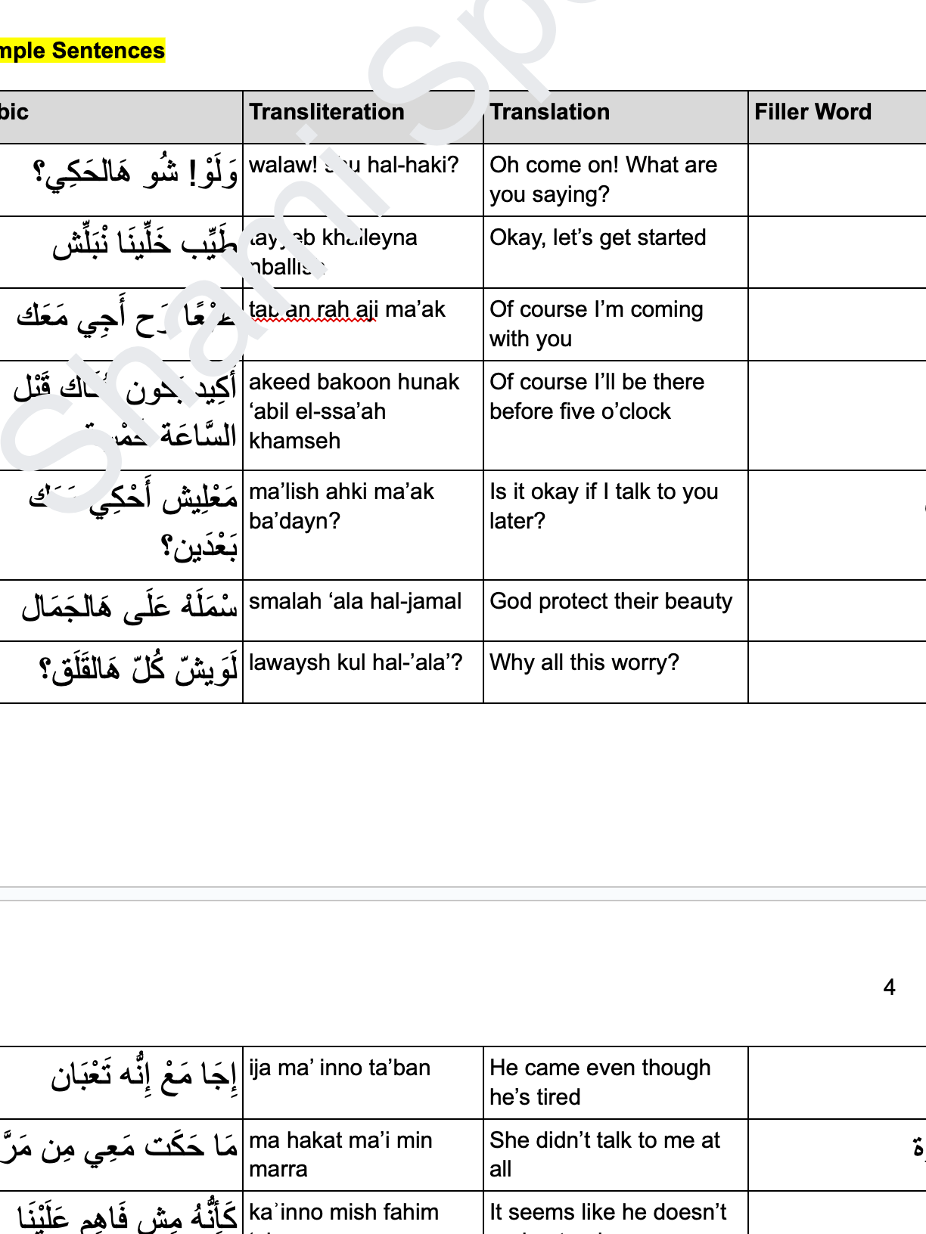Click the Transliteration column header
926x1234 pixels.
click(327, 112)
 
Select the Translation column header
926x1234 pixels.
click(549, 112)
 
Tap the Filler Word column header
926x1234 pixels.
click(813, 112)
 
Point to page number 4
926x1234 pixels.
click(889, 987)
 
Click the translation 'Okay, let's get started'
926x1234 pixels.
click(598, 237)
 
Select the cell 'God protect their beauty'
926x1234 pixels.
click(611, 601)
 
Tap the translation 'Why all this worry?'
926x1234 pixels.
click(584, 662)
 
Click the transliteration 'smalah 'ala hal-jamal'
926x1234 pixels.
click(355, 601)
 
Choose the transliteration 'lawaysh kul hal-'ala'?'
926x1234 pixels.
click(355, 662)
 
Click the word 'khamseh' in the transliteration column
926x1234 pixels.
click(294, 441)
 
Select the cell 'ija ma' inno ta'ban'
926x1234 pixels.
click(339, 1068)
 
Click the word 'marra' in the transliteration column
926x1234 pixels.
click(278, 1169)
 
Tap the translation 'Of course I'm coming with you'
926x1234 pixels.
click(596, 324)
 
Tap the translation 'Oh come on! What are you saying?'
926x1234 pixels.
click(603, 179)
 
